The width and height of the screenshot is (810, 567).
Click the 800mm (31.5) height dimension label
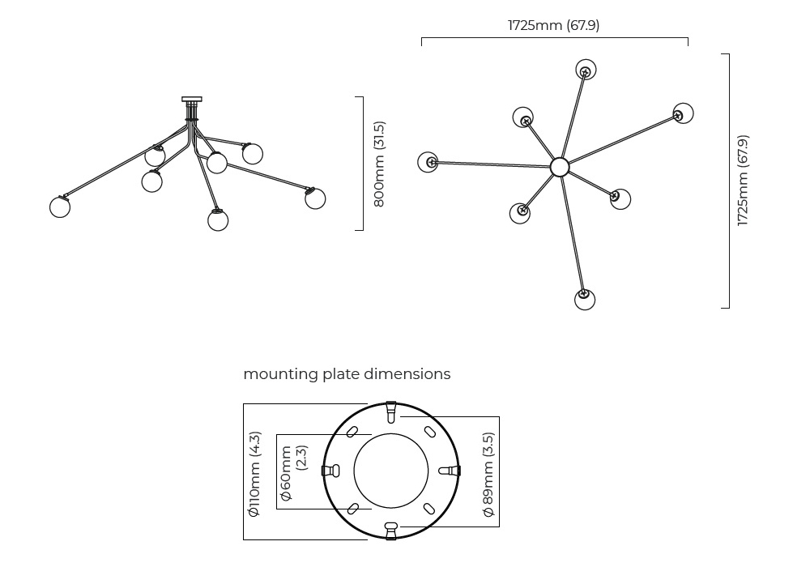(379, 164)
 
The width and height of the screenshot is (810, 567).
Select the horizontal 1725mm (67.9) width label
(554, 25)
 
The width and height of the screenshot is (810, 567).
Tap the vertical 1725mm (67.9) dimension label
(743, 181)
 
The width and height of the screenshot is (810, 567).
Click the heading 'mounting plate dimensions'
(347, 374)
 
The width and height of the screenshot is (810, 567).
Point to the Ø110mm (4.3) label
(254, 473)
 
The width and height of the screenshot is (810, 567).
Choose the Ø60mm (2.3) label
(293, 471)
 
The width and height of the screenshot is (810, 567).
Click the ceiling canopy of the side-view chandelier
(192, 100)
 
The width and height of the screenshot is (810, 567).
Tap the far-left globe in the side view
(60, 207)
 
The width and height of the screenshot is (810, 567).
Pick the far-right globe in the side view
(315, 198)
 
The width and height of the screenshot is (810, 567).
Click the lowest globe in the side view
(218, 220)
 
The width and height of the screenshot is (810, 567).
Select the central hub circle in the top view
(560, 167)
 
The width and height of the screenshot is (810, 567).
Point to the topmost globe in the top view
(586, 70)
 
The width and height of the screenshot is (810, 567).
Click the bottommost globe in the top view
(585, 300)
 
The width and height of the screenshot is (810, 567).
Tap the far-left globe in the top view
(428, 162)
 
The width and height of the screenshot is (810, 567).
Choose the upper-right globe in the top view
(683, 113)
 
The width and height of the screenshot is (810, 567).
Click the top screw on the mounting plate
(390, 412)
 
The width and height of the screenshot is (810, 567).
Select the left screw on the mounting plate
(330, 471)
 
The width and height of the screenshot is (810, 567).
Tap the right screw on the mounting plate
(450, 471)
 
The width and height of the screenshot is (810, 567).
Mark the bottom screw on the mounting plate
(390, 530)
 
